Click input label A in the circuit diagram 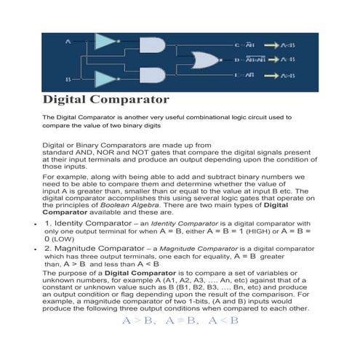tap(68, 43)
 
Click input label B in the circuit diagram tap(68, 78)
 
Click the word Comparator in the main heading tap(135, 98)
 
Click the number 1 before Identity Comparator tap(47, 223)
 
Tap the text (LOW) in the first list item tap(64, 238)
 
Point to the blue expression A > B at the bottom tap(136, 320)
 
